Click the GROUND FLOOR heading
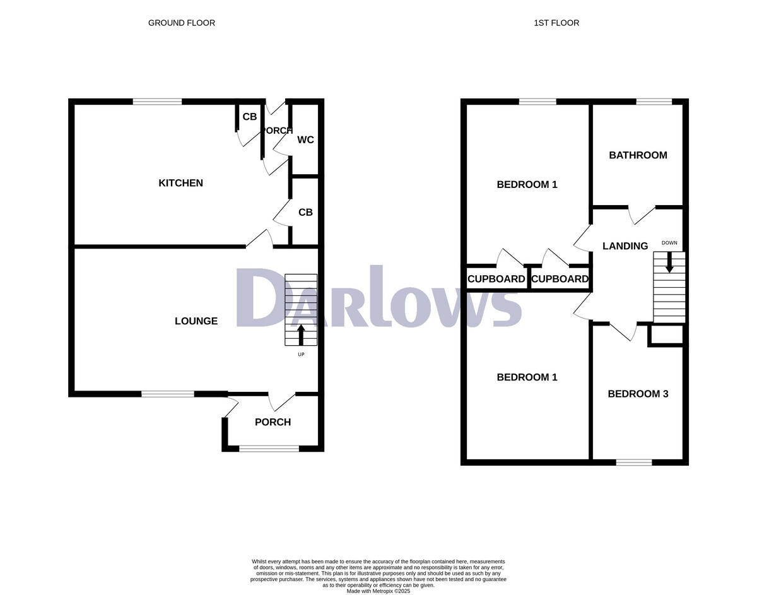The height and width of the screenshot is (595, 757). (181, 23)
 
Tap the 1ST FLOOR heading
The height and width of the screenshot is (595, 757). (556, 23)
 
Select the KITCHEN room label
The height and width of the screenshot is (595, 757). (180, 183)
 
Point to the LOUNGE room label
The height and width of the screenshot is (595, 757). (196, 321)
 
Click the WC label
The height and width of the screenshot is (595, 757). (305, 139)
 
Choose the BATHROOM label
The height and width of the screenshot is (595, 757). (638, 155)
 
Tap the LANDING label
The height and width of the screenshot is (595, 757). (625, 246)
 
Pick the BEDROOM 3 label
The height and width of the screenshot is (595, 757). (638, 394)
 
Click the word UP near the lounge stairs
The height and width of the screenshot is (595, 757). (301, 355)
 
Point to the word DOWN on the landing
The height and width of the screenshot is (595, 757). (669, 243)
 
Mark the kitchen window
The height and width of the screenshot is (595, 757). (157, 101)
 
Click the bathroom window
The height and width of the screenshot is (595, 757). (654, 101)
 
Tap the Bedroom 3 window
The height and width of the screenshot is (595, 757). (634, 462)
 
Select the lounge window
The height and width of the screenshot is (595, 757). (168, 394)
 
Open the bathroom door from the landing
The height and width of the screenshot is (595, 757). (642, 215)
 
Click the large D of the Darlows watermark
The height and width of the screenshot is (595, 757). (265, 298)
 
